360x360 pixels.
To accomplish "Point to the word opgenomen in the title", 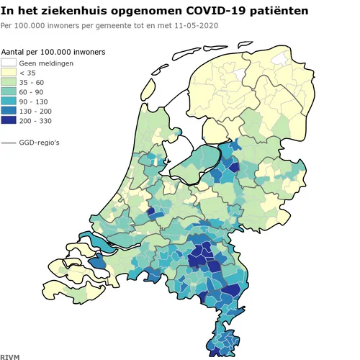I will point(141,12).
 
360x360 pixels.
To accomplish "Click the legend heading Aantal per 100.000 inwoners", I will point(53,53).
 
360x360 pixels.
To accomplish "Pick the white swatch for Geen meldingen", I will point(9,64).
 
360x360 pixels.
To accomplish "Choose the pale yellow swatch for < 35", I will point(9,73).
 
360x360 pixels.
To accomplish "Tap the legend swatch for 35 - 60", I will point(9,83).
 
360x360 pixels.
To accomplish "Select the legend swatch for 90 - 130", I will point(9,102).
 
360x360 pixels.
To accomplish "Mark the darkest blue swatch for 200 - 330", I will point(9,120).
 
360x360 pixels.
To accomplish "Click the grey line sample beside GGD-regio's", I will point(9,143).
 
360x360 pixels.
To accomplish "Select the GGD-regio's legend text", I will point(40,143).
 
